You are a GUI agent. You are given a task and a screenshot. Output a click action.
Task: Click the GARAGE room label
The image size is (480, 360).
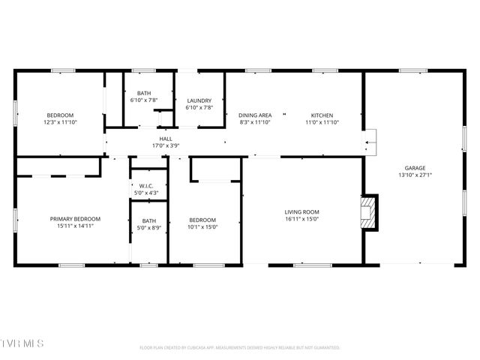click(415, 168)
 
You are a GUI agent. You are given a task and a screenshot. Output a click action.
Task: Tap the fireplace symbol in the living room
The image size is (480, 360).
click(367, 212)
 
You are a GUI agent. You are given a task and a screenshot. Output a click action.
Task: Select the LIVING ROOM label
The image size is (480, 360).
click(301, 211)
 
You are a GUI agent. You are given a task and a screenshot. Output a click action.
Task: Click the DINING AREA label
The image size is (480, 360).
click(255, 115)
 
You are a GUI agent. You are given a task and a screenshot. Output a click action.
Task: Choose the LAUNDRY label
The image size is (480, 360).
click(199, 100)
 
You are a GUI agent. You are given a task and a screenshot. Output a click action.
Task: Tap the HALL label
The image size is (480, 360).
click(166, 139)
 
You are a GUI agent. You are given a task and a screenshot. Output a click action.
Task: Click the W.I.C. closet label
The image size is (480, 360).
click(148, 187)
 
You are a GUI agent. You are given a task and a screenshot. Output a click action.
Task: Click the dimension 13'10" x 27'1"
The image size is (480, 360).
click(415, 175)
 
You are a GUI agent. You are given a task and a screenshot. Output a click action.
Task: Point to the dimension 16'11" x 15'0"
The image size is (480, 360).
click(301, 219)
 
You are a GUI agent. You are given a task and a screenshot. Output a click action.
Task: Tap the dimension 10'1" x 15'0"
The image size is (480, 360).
click(202, 226)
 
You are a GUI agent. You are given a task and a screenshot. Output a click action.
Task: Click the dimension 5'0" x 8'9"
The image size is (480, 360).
click(148, 227)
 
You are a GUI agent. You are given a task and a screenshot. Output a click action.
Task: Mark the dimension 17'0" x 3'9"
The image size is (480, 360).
click(166, 145)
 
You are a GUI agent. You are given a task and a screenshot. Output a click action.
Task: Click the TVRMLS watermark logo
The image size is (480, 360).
click(22, 343)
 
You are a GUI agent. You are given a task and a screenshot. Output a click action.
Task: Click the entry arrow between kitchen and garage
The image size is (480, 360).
click(369, 141)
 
